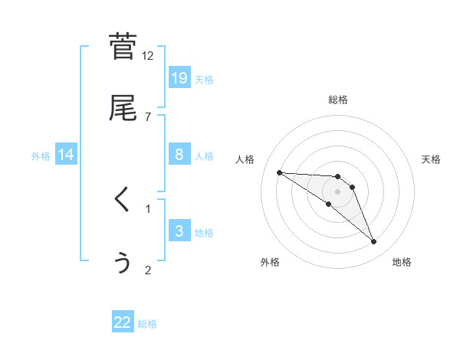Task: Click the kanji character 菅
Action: [x=123, y=47]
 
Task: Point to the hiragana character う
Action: [x=123, y=262]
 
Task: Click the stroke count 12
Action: [x=148, y=56]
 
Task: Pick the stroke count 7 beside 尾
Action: [x=148, y=116]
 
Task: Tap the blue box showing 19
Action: [x=179, y=77]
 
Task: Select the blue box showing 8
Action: [x=179, y=154]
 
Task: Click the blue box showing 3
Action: [x=179, y=231]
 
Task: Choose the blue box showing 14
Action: [x=66, y=155]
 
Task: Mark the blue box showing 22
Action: [x=123, y=322]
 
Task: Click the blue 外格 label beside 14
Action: [x=41, y=155]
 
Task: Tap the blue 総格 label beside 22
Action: [x=147, y=324]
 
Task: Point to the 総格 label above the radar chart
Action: [x=338, y=100]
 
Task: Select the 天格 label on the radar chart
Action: [x=431, y=159]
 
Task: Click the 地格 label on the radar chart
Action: [x=402, y=262]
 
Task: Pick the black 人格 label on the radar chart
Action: [x=245, y=159]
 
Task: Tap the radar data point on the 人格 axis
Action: [x=279, y=172]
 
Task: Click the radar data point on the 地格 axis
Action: [x=373, y=242]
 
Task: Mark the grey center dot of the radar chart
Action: [x=338, y=191]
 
